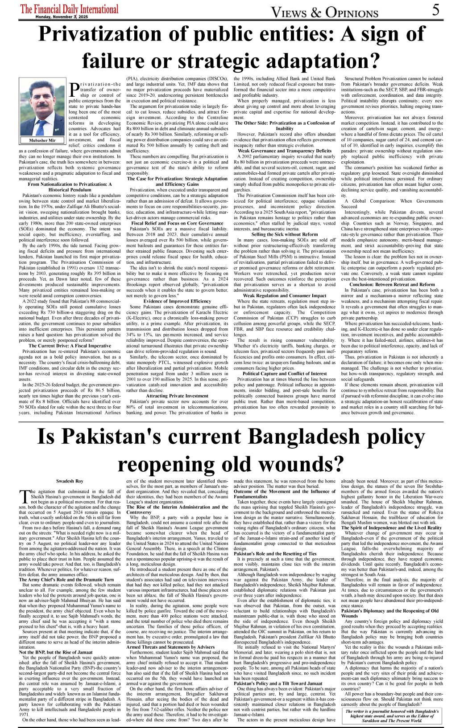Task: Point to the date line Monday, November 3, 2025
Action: pyautogui.click(x=62, y=17)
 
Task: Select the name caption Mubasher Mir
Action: pyautogui.click(x=42, y=140)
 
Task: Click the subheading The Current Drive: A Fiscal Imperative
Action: pyautogui.click(x=70, y=346)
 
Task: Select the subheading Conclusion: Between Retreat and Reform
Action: pyautogui.click(x=392, y=284)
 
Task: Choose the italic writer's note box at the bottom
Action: pyautogui.click(x=392, y=716)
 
